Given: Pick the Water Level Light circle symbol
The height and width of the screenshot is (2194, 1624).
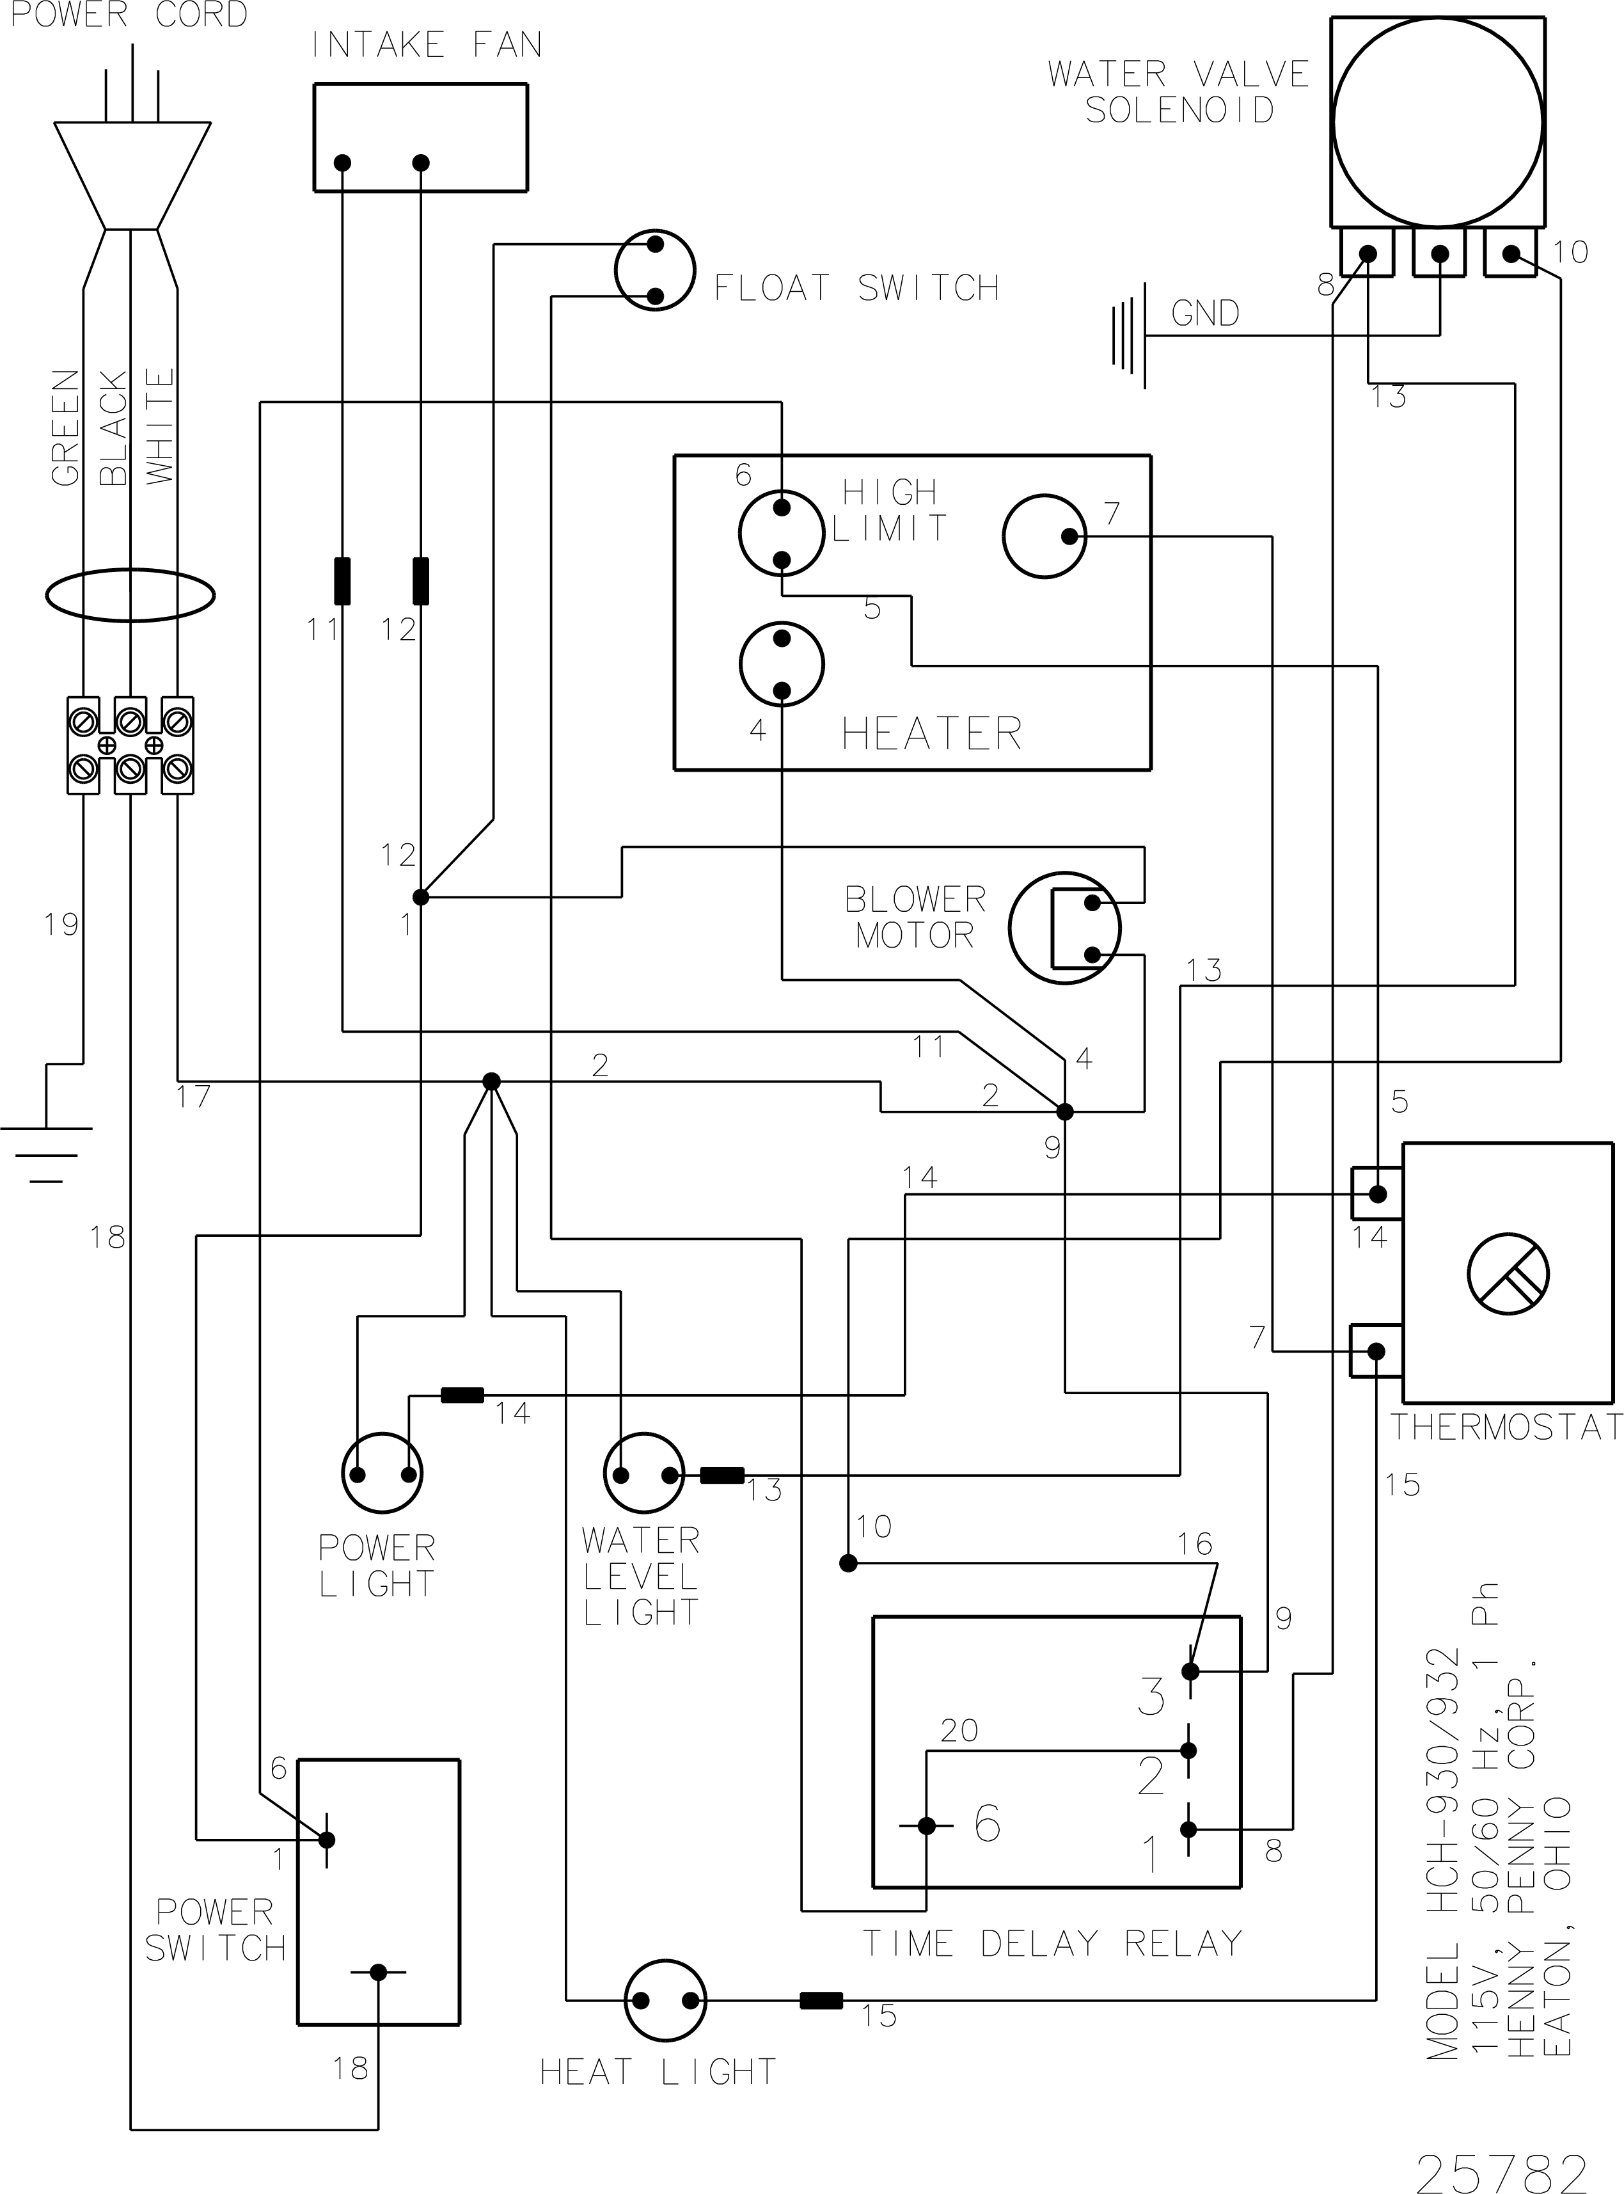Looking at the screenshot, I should click(644, 1472).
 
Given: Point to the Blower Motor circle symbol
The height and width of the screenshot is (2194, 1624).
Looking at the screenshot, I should click(1064, 927).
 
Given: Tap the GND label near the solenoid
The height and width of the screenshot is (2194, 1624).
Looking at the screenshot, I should click(1205, 314).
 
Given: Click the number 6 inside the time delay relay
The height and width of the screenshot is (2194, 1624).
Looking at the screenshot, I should click(987, 1824).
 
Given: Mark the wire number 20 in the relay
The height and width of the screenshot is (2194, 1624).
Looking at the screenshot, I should click(959, 1730).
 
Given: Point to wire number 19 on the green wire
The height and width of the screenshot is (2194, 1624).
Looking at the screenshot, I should click(61, 925).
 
